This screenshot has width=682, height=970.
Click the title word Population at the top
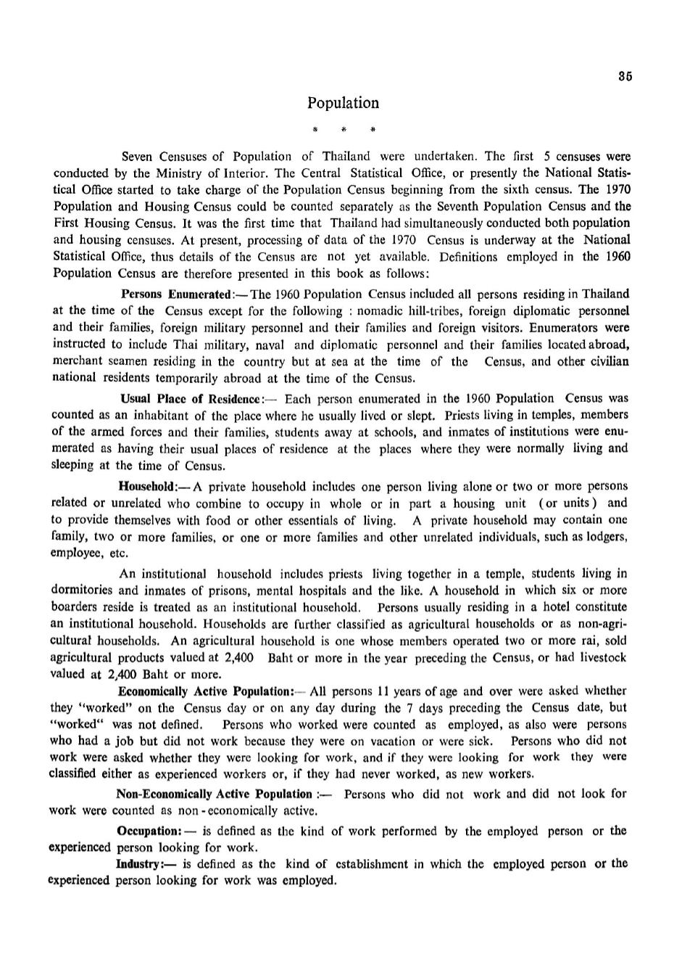[x=343, y=103]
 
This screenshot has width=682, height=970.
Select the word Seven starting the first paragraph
[x=138, y=157]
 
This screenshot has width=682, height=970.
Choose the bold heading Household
[x=148, y=487]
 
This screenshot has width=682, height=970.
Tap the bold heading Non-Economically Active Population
[x=214, y=794]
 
